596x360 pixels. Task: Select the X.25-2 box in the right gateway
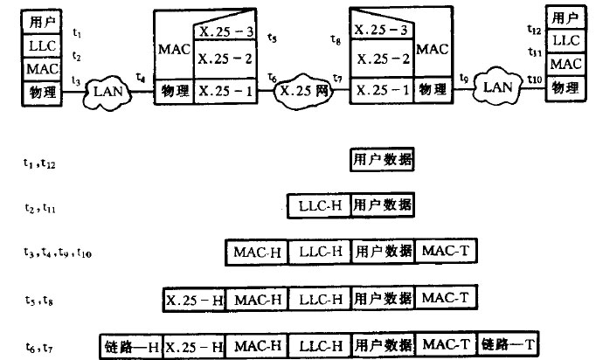point(381,59)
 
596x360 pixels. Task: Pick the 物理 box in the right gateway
point(434,90)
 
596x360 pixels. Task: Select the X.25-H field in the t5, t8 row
point(194,299)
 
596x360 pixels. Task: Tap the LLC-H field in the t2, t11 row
point(319,206)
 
